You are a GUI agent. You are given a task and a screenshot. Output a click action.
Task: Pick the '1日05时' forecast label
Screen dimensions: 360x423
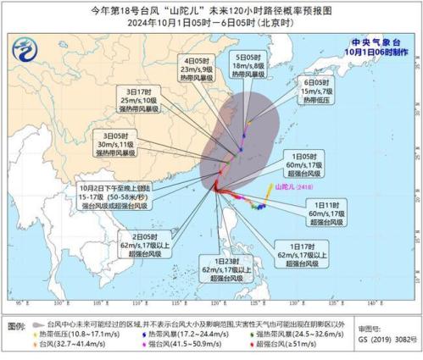[303, 156]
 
